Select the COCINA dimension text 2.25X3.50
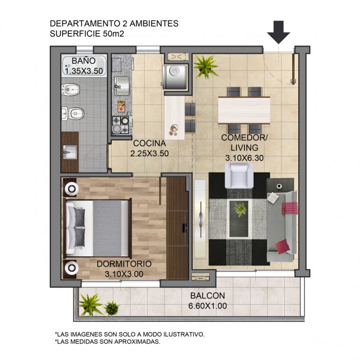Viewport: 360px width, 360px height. click(149, 153)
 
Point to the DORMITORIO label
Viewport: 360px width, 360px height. click(124, 264)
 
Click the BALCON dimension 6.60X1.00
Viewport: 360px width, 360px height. click(207, 306)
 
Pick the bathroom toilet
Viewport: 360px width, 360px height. click(73, 113)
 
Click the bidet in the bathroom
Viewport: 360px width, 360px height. click(70, 90)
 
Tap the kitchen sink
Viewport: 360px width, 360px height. click(122, 86)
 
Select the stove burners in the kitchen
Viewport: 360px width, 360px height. click(122, 125)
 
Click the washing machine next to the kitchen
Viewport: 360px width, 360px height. click(175, 76)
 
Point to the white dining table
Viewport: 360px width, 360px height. click(244, 110)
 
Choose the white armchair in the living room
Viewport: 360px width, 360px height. click(239, 176)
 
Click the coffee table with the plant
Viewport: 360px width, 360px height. click(239, 218)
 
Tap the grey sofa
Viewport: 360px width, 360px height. click(282, 226)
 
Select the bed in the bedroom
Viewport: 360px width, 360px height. click(97, 228)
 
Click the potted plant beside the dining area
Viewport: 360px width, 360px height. click(205, 67)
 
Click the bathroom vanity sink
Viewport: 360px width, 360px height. click(69, 152)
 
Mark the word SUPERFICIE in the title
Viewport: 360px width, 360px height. click(75, 34)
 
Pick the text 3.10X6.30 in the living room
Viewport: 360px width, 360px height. click(244, 158)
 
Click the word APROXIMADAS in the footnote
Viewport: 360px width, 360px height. click(137, 342)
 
